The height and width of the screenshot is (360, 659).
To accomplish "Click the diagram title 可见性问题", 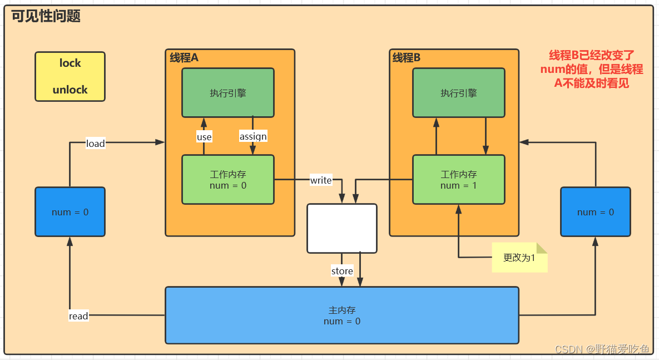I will (x=46, y=16).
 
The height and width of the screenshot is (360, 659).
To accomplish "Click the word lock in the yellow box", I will (x=70, y=63).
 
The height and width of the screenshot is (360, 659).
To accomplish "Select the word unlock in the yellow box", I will (x=70, y=90).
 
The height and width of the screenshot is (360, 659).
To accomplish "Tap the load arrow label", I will (x=95, y=144).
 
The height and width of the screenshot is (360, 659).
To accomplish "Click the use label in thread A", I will (x=204, y=137).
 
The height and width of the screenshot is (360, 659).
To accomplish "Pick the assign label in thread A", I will (x=253, y=136).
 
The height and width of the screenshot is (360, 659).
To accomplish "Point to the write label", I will (x=321, y=180).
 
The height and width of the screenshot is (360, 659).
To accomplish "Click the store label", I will (x=342, y=271).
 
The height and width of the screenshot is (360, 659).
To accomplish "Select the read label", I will (x=78, y=316).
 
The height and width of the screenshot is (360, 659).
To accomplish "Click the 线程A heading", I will (x=184, y=57).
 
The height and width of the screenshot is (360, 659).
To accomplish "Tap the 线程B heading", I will (x=407, y=57).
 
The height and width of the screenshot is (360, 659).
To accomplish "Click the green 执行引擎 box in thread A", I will (x=228, y=93).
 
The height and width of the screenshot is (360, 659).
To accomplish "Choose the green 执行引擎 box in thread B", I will (x=459, y=93).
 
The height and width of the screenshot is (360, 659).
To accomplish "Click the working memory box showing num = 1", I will (x=459, y=180).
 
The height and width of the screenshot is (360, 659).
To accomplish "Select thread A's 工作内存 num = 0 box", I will (x=228, y=180).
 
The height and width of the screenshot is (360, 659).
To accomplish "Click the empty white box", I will (x=342, y=228).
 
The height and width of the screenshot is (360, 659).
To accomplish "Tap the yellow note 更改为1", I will (x=519, y=258).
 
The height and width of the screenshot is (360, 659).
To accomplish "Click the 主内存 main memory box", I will (x=342, y=315).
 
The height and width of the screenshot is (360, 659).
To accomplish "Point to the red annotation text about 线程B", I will (x=592, y=69).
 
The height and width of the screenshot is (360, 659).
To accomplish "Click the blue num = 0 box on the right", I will (x=595, y=212).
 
